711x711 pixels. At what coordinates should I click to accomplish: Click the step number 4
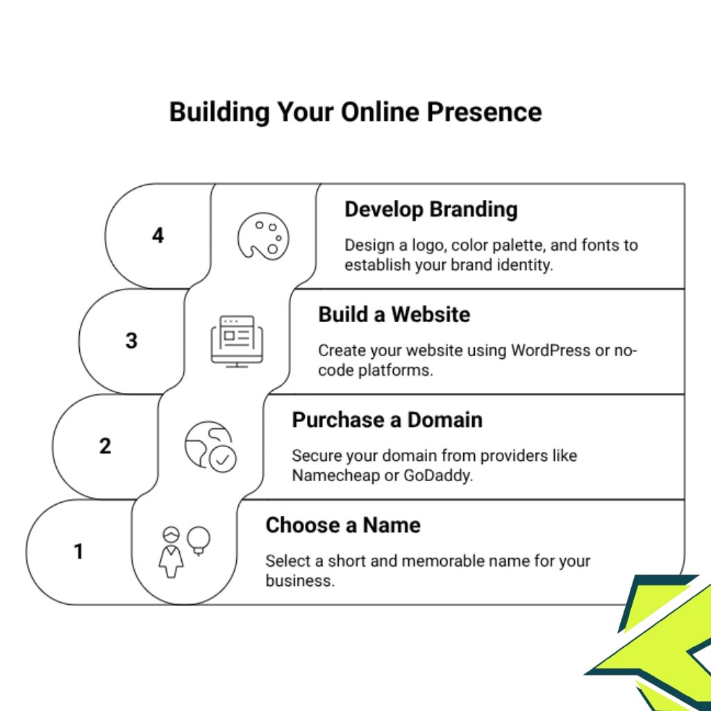pyautogui.click(x=158, y=236)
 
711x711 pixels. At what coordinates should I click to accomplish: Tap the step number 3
pyautogui.click(x=131, y=341)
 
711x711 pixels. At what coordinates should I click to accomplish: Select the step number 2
pyautogui.click(x=105, y=446)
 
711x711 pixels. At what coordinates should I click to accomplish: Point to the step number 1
pyautogui.click(x=78, y=551)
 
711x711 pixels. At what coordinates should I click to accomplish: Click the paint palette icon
pyautogui.click(x=262, y=237)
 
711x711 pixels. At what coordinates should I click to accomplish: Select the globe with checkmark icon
pyautogui.click(x=210, y=446)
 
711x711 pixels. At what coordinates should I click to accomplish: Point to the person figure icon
pyautogui.click(x=172, y=553)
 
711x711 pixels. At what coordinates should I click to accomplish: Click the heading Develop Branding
pyautogui.click(x=430, y=210)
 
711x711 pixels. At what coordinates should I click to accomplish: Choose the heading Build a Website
pyautogui.click(x=394, y=315)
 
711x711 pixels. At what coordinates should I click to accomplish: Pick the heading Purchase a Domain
pyautogui.click(x=387, y=420)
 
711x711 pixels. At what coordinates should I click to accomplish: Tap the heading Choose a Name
pyautogui.click(x=342, y=525)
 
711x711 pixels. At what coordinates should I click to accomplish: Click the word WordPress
pyautogui.click(x=551, y=351)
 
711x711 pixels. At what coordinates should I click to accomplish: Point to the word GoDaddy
pyautogui.click(x=437, y=476)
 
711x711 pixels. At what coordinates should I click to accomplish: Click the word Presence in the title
pyautogui.click(x=484, y=112)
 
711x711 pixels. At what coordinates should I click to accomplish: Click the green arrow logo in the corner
pyautogui.click(x=660, y=646)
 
